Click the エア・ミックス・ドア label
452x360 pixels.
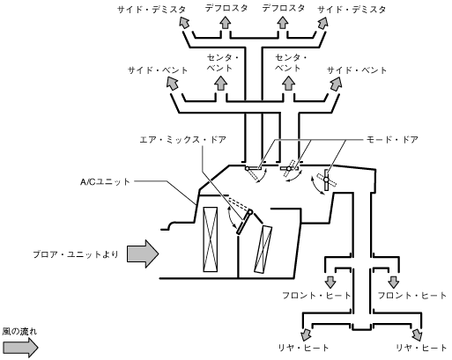182,140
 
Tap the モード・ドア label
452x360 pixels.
392,140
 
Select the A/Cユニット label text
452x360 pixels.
105,182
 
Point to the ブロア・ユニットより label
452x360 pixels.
76,254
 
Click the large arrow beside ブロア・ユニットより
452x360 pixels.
143,253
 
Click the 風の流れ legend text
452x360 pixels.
19,332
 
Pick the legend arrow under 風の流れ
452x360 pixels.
20,348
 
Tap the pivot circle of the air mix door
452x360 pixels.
250,212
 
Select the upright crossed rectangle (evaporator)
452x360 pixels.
211,239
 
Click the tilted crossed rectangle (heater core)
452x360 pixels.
263,249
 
